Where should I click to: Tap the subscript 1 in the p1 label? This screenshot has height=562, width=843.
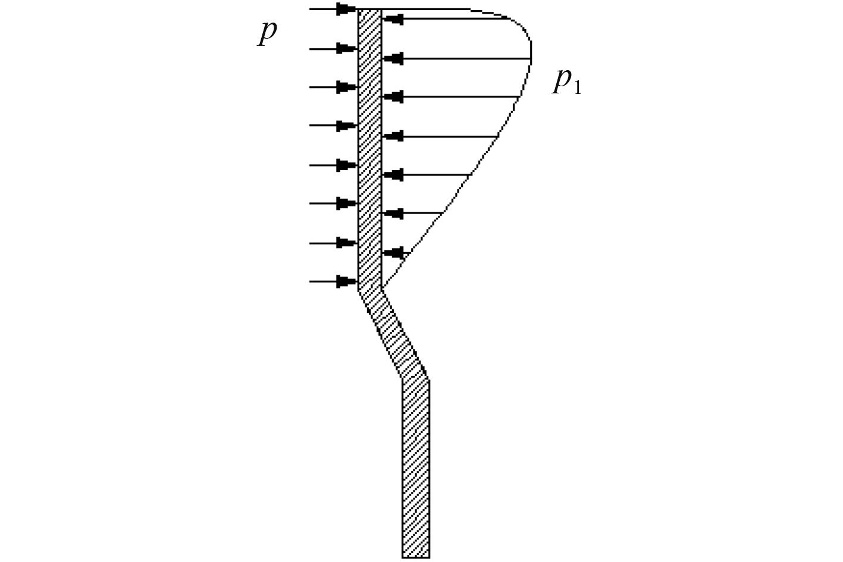pyautogui.click(x=576, y=88)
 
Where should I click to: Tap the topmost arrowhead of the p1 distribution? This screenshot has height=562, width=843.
pyautogui.click(x=393, y=19)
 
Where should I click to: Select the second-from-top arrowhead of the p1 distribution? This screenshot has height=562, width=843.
pyautogui.click(x=393, y=58)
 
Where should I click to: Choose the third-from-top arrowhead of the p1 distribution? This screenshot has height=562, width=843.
pyautogui.click(x=393, y=96)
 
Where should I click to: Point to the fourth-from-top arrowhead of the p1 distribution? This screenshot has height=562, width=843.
pyautogui.click(x=393, y=136)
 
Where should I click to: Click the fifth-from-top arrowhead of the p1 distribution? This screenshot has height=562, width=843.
pyautogui.click(x=393, y=175)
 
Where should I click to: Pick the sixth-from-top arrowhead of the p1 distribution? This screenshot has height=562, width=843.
pyautogui.click(x=393, y=213)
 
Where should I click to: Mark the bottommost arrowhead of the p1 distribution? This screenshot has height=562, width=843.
pyautogui.click(x=393, y=253)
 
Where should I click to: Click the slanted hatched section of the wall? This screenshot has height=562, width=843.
pyautogui.click(x=393, y=334)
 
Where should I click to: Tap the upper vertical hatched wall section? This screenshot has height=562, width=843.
pyautogui.click(x=369, y=149)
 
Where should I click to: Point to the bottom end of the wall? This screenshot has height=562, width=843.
pyautogui.click(x=415, y=556)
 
